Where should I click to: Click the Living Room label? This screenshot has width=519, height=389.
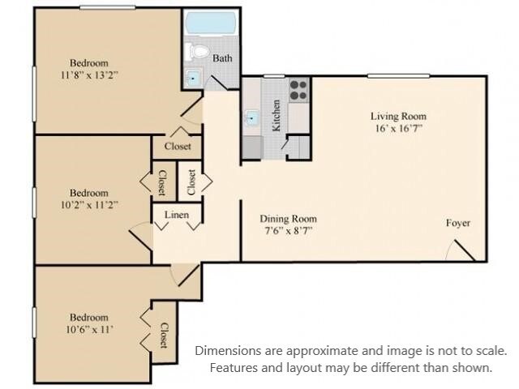tap(398, 116)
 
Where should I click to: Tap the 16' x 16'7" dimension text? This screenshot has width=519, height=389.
tap(397, 128)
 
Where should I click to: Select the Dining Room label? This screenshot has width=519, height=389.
tap(288, 219)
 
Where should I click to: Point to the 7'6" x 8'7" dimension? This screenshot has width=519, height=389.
tap(288, 231)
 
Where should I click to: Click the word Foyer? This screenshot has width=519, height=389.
tap(458, 223)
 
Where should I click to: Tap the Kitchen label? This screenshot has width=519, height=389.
tap(277, 117)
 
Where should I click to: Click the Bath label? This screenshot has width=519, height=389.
tap(223, 58)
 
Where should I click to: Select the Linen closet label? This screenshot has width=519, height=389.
tap(177, 215)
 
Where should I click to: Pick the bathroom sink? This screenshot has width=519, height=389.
tap(193, 79)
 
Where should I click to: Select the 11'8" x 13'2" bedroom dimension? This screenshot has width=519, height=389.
tap(89, 75)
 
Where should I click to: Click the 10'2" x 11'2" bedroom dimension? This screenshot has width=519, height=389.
tap(89, 205)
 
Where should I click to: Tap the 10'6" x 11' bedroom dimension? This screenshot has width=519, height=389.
tap(89, 330)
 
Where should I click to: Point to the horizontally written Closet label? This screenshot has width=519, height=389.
tap(178, 147)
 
